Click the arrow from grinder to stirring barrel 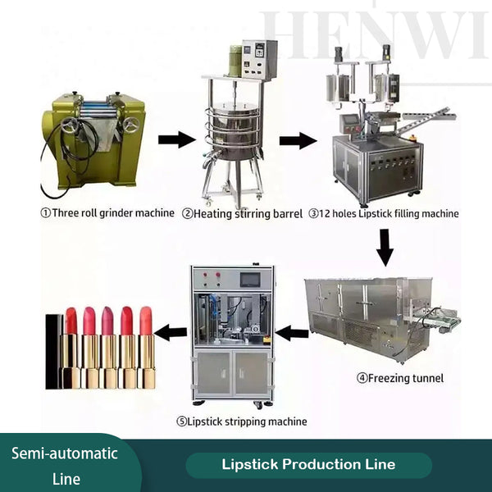(x=175, y=140)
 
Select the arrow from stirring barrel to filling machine (x=298, y=140)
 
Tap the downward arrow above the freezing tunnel (x=384, y=246)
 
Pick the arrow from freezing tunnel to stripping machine (x=292, y=333)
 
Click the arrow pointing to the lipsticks (x=171, y=333)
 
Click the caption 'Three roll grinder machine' (x=107, y=213)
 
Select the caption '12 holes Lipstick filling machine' (x=384, y=213)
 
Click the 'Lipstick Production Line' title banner (x=308, y=464)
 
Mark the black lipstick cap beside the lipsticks (x=53, y=351)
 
